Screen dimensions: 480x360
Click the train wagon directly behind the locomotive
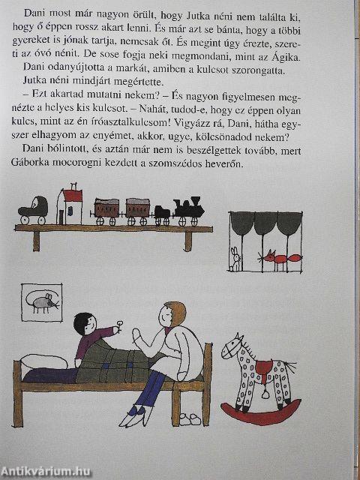tap(137, 210)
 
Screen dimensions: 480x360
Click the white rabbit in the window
tap(235, 259)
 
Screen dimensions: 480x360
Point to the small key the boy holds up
tap(119, 328)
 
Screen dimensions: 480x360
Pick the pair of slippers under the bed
tap(190, 416)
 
